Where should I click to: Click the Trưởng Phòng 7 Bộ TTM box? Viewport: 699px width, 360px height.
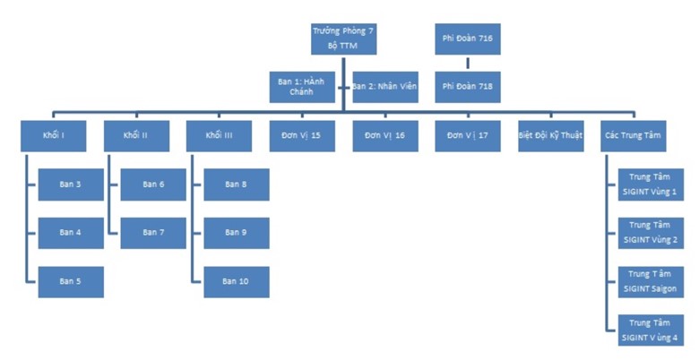[343, 39]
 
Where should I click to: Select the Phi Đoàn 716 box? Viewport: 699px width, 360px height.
[467, 39]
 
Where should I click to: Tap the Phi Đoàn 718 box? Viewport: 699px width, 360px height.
[467, 87]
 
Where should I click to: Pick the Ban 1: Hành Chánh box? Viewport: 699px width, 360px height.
[302, 87]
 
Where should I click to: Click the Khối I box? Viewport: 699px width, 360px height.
[53, 135]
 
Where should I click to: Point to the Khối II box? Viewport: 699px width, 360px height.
[136, 135]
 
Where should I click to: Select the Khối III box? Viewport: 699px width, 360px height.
[220, 135]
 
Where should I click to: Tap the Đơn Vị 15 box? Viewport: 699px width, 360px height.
[302, 135]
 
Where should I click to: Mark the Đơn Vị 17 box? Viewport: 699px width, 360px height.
[467, 135]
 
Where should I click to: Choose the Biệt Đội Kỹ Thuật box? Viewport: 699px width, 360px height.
[550, 135]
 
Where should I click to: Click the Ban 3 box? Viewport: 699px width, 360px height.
[71, 184]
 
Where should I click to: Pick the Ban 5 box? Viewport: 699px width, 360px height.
[71, 281]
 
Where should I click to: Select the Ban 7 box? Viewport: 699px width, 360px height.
[153, 233]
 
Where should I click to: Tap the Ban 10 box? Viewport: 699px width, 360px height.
[237, 281]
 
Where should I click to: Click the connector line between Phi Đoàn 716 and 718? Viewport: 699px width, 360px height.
[467, 63]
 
